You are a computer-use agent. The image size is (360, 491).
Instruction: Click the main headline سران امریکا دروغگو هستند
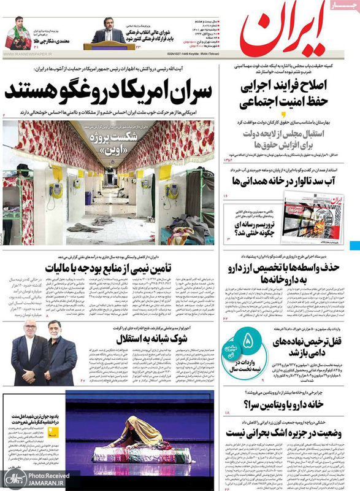pos(109,92)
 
